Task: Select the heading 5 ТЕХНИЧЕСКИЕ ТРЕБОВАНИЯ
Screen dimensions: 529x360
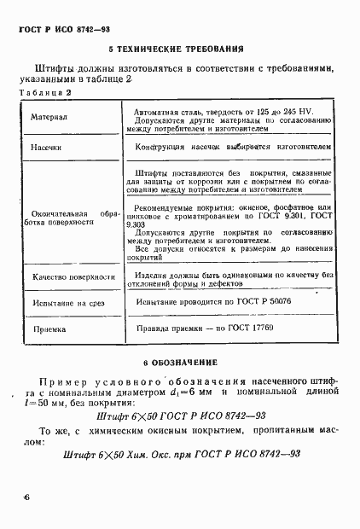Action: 177,49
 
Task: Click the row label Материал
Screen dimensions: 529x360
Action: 49,118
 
